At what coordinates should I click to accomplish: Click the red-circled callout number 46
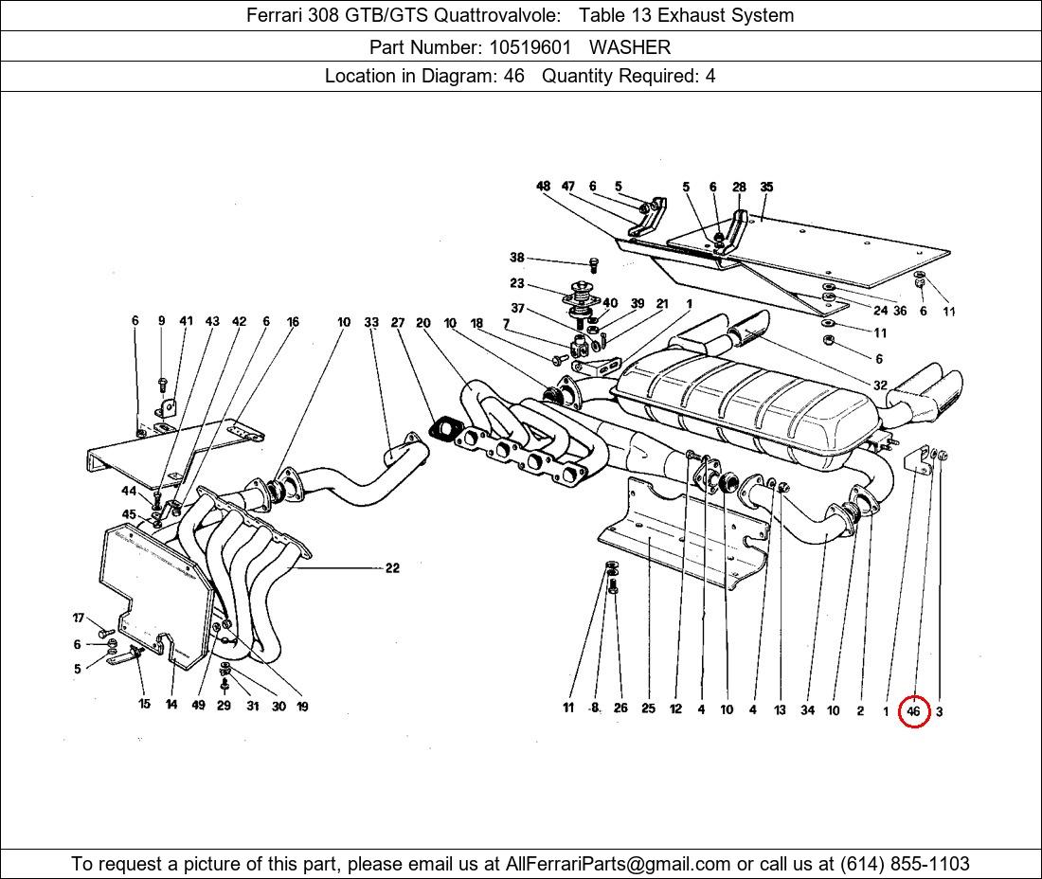point(913,710)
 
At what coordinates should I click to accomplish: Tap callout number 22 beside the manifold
point(392,568)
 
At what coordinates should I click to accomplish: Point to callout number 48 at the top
point(543,187)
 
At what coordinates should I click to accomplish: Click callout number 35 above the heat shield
point(766,187)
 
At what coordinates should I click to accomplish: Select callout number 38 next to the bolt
point(516,258)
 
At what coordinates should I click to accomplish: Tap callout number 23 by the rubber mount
point(516,283)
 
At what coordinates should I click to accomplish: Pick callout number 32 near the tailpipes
point(880,386)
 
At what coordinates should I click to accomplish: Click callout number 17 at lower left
point(79,619)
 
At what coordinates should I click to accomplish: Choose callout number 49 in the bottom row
point(198,706)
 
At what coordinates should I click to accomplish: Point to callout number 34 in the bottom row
point(807,709)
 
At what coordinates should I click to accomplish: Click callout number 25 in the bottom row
point(648,709)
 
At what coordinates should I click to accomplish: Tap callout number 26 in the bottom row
point(620,709)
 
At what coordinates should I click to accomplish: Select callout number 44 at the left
point(129,491)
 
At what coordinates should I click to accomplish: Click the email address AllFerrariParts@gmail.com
point(619,864)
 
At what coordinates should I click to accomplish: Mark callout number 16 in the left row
point(293,322)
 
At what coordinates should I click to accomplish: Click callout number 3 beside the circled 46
point(939,711)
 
